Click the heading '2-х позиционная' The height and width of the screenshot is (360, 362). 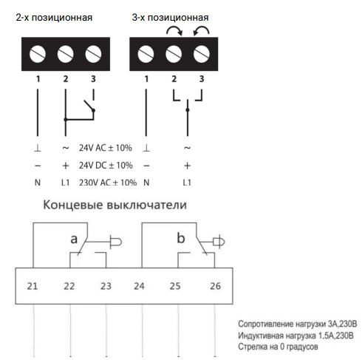click(54, 18)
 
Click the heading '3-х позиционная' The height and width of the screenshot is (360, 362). click(170, 18)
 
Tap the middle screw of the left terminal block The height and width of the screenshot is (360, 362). click(65, 54)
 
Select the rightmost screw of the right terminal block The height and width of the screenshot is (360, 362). click(202, 54)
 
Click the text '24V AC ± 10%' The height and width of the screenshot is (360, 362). click(106, 148)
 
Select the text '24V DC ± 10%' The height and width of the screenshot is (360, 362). click(106, 166)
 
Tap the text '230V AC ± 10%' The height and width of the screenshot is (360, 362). click(108, 183)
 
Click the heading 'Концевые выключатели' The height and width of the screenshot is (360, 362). click(115, 205)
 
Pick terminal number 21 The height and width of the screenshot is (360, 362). click(33, 286)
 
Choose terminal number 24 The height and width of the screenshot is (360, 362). click(139, 286)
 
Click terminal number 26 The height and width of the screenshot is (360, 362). click(215, 286)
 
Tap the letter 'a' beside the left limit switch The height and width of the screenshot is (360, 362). click(74, 240)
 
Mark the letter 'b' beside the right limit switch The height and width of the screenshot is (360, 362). click(181, 238)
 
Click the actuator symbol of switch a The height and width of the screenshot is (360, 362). click(116, 242)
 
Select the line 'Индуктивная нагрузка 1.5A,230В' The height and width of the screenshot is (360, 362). click(296, 336)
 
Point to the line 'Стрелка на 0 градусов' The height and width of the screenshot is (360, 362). click(278, 347)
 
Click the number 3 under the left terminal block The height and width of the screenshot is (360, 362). click(93, 79)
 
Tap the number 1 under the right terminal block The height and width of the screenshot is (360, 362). click(146, 79)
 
